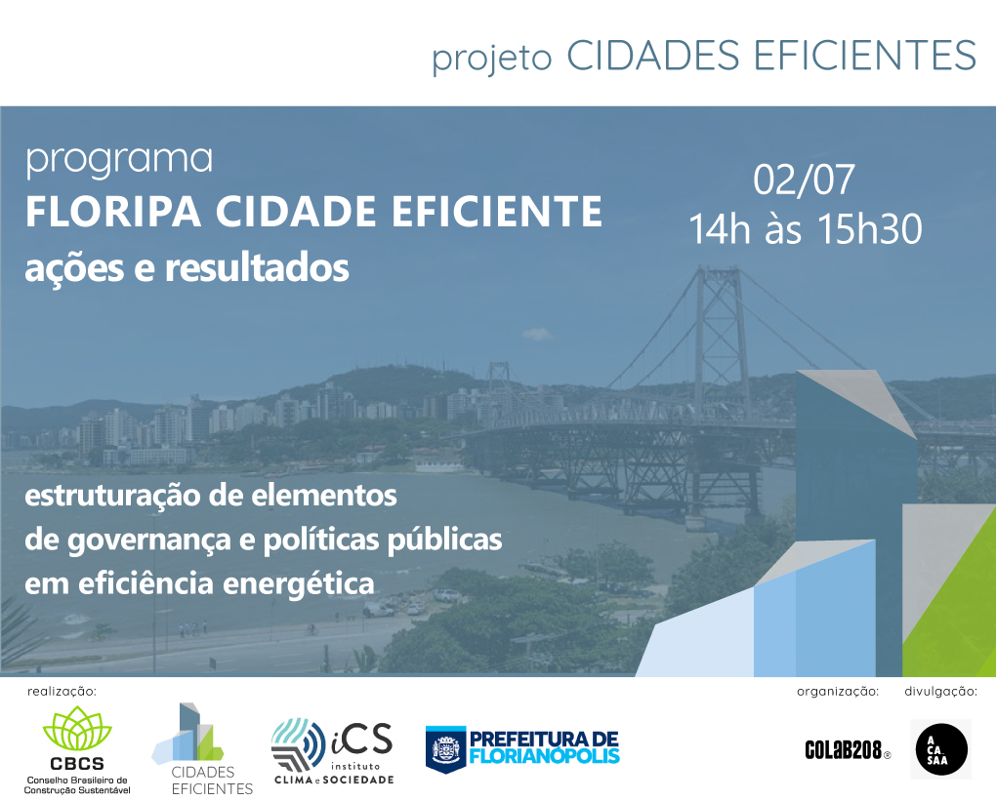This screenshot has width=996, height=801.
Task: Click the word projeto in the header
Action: click(x=491, y=59)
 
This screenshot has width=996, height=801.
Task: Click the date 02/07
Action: click(x=804, y=180)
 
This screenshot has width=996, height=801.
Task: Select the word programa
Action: click(x=119, y=161)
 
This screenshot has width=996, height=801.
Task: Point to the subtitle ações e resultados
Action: click(x=187, y=268)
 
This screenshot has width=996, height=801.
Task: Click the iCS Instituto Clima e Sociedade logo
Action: click(x=333, y=752)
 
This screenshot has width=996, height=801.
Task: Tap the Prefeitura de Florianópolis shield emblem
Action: click(x=445, y=749)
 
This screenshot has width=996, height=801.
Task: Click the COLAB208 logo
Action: click(x=848, y=750)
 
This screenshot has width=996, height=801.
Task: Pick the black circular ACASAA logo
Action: click(x=940, y=749)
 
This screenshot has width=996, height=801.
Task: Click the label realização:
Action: click(x=62, y=691)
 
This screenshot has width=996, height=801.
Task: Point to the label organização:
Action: click(x=838, y=691)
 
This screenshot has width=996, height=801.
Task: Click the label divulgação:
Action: click(x=940, y=691)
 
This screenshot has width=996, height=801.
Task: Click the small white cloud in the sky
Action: click(x=537, y=334)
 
